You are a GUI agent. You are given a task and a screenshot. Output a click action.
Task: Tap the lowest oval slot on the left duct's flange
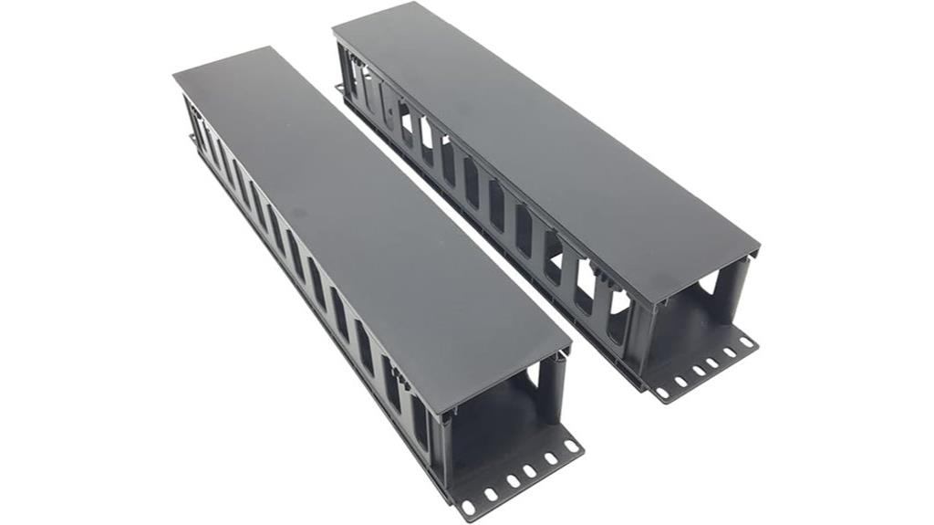pos(469,506)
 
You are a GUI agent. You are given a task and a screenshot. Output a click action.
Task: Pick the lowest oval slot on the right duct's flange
pos(661,394)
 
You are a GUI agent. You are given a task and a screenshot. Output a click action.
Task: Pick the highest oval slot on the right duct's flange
pos(746,342)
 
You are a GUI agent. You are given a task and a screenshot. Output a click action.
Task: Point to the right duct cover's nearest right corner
pos(758,246)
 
